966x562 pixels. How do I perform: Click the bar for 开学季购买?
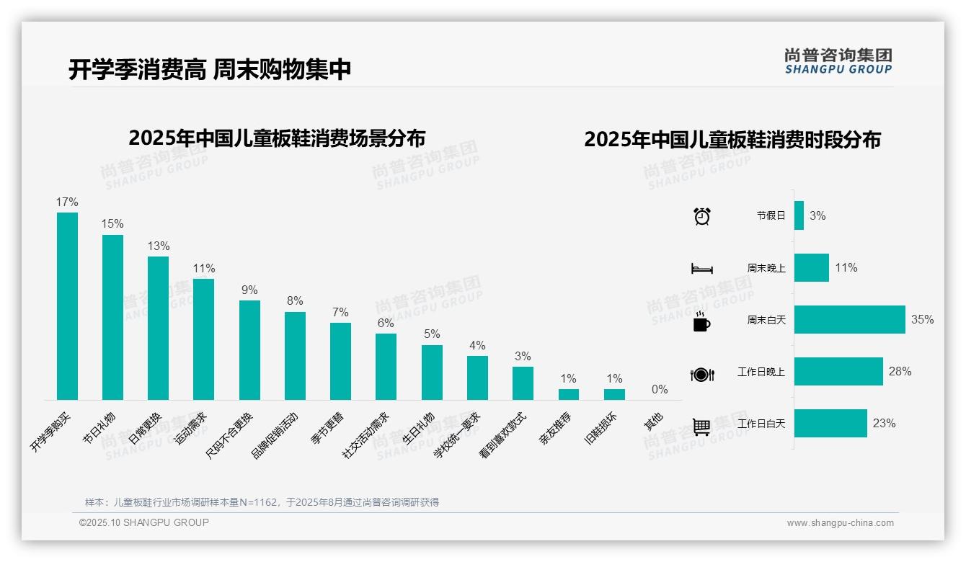tap(67, 306)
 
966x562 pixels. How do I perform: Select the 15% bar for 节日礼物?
tap(112, 317)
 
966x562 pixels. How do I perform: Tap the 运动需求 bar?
tap(203, 339)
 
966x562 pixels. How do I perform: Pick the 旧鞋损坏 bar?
tap(614, 394)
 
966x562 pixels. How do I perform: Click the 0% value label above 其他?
tap(660, 389)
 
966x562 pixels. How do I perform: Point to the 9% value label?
tap(249, 290)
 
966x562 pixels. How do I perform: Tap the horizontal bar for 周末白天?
tap(849, 319)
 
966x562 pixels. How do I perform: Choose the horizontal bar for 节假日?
tap(799, 215)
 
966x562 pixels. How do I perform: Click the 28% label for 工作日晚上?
tap(900, 371)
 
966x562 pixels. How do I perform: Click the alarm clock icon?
tap(701, 216)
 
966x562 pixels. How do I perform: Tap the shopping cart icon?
tap(701, 427)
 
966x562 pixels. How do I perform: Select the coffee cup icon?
tap(701, 321)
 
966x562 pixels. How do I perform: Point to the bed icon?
tap(701, 269)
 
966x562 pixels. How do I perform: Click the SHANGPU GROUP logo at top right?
tap(838, 61)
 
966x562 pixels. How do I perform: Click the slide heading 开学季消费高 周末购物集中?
tap(210, 69)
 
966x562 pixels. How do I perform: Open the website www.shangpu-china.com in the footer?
tap(840, 523)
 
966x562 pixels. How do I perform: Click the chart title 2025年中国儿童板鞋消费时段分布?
tap(732, 139)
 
